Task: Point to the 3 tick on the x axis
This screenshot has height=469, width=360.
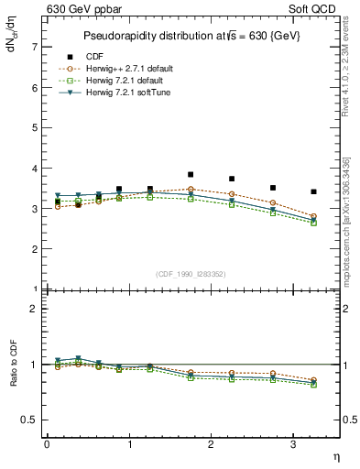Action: tap(292, 444)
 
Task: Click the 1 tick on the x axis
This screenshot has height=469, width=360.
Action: tap(129, 444)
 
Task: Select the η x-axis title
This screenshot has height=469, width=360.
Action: tap(336, 455)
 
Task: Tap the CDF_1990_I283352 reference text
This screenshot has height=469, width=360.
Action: tap(191, 274)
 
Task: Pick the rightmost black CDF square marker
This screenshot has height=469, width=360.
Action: tap(314, 191)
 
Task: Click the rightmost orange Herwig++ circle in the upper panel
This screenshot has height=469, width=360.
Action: tap(314, 217)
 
